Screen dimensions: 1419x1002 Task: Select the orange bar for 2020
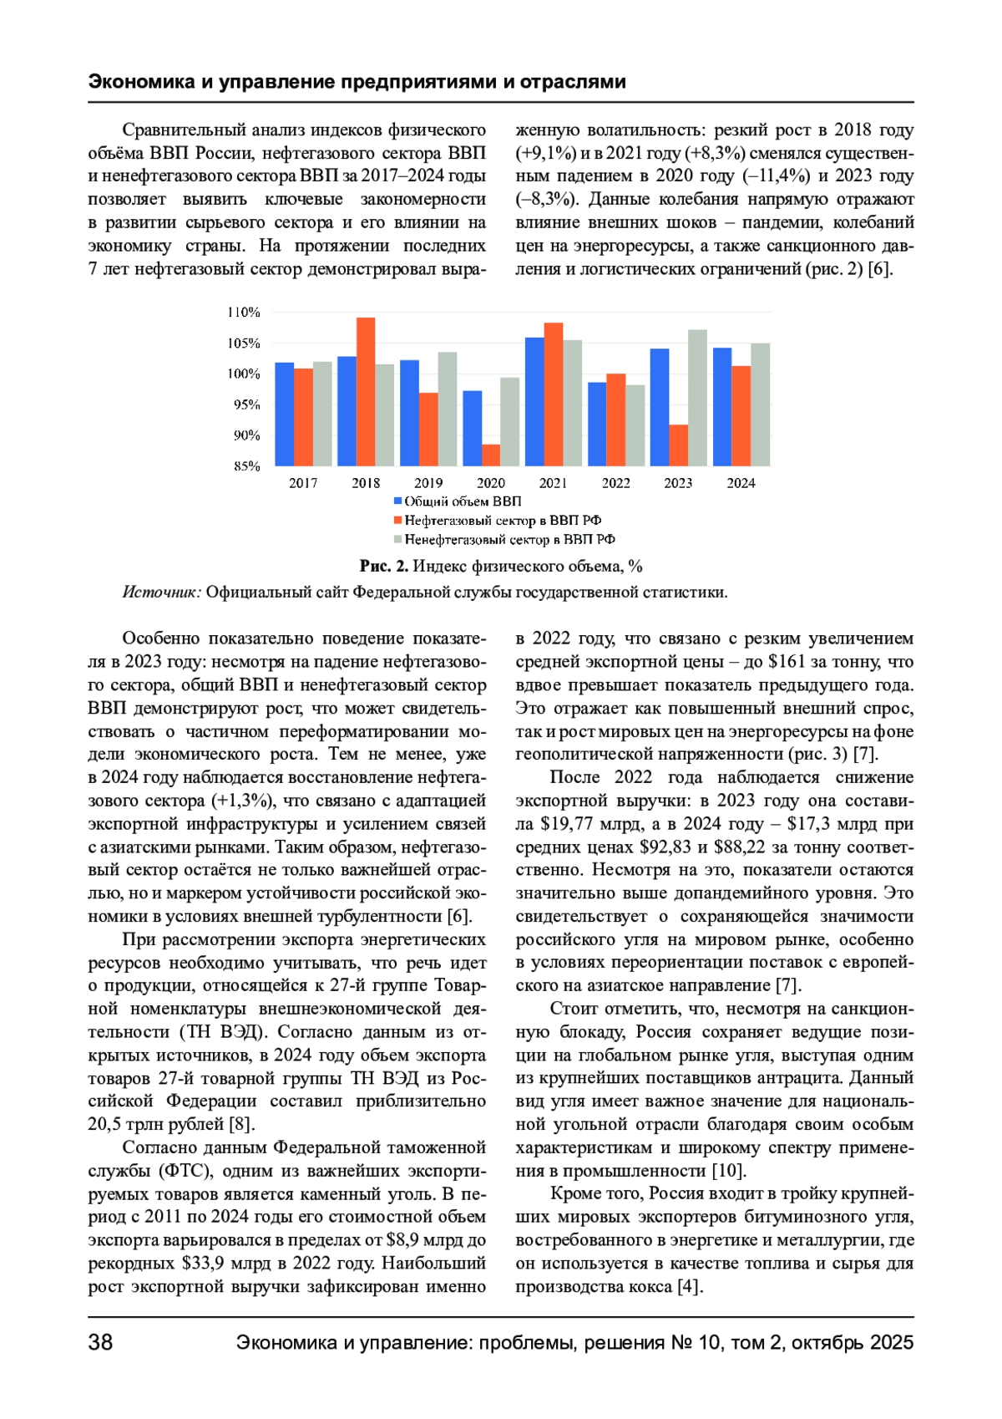point(491,455)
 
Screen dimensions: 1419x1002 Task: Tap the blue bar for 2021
point(534,401)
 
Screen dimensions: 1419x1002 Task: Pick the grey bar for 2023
point(697,398)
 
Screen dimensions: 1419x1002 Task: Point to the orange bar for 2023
point(679,445)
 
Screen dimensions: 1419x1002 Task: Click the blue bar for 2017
point(285,414)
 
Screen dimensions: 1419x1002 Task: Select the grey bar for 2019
point(448,409)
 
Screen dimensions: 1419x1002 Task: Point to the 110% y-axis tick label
point(244,313)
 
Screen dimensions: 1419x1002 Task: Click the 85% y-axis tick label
point(247,466)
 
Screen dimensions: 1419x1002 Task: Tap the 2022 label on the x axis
point(616,483)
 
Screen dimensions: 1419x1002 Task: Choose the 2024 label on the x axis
point(741,483)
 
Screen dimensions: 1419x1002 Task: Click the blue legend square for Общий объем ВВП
point(398,501)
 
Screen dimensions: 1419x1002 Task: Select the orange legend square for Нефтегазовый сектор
point(398,520)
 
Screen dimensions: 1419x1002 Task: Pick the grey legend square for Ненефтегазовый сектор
point(398,539)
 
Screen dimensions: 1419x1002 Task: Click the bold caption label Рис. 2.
point(384,567)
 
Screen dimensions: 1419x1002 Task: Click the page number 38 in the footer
point(100,1342)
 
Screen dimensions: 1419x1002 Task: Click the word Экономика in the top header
point(139,82)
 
